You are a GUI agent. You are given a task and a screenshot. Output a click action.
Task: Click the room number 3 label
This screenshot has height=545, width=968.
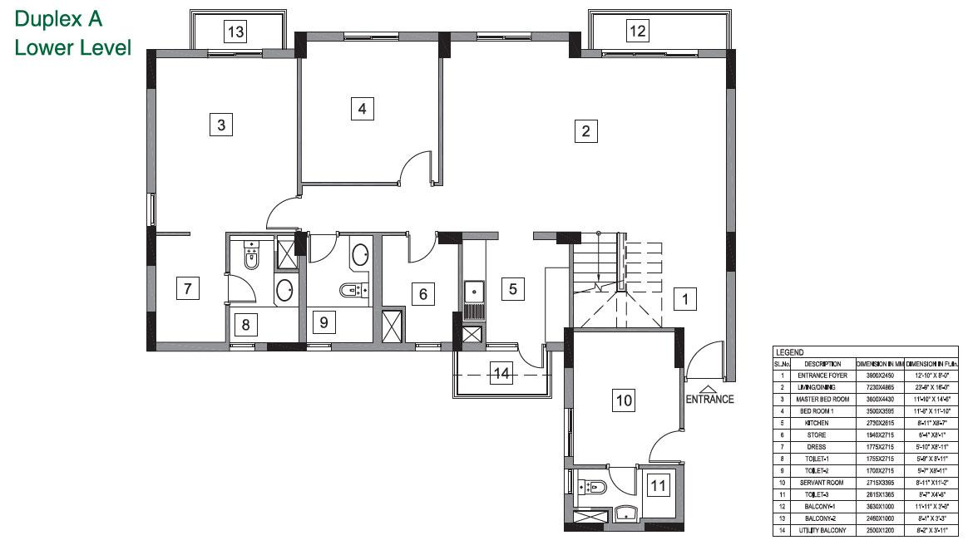click(220, 125)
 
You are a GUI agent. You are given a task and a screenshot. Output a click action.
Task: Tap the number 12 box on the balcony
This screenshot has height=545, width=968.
click(637, 32)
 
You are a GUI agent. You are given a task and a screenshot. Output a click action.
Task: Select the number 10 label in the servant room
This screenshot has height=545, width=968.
click(624, 400)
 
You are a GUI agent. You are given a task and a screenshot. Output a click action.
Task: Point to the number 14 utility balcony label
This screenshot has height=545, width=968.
click(500, 373)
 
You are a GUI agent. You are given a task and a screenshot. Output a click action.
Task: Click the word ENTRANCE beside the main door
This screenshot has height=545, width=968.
click(709, 399)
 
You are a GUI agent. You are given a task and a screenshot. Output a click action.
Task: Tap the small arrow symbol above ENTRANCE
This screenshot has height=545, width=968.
click(708, 388)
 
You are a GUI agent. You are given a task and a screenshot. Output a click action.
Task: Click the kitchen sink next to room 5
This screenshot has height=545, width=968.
click(474, 291)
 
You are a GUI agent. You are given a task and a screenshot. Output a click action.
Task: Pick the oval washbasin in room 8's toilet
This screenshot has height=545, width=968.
click(284, 291)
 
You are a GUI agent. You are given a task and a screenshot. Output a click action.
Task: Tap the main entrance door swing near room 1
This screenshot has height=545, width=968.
click(700, 358)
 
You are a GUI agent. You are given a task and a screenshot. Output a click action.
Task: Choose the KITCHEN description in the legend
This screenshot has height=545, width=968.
click(816, 423)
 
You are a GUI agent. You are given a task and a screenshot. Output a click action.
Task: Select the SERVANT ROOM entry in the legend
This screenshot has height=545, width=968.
click(816, 482)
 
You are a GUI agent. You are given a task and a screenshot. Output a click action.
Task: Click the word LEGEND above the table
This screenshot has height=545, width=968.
click(789, 353)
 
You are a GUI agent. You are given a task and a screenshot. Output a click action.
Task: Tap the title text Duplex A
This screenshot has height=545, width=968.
click(58, 19)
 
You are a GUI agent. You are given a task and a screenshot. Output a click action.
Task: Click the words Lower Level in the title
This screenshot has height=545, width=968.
click(73, 48)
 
